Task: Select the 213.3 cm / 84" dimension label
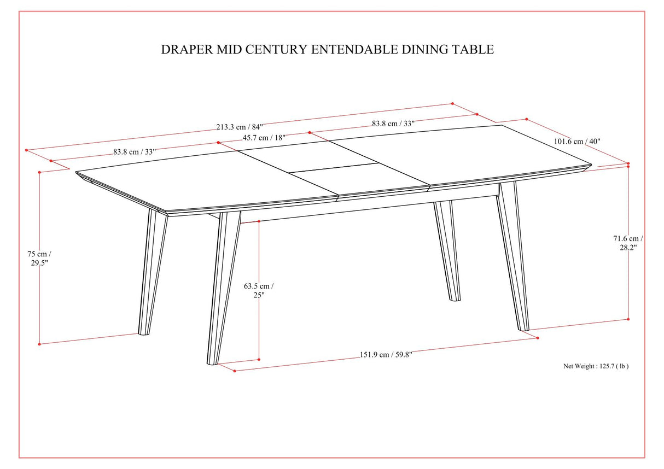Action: pos(240,127)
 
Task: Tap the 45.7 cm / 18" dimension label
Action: pos(264,138)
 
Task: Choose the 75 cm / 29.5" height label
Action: pos(40,258)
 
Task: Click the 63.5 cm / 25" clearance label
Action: pos(259,290)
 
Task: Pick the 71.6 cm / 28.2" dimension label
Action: pos(628,243)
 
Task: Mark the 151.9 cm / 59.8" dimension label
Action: pos(386,354)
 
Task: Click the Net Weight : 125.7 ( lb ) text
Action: pos(596,366)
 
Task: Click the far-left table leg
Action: pos(150,273)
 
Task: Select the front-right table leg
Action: pos(513,257)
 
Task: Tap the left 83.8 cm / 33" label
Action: pos(131,152)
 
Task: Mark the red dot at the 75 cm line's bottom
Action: pos(39,344)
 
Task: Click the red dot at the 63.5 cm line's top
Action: pos(259,222)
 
